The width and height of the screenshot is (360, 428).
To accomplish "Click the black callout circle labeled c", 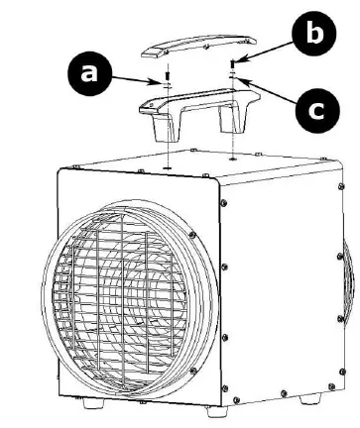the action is (315, 109).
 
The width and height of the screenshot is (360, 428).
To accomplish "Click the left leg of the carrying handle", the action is (157, 130).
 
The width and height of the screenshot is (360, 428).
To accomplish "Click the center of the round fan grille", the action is (130, 287).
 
